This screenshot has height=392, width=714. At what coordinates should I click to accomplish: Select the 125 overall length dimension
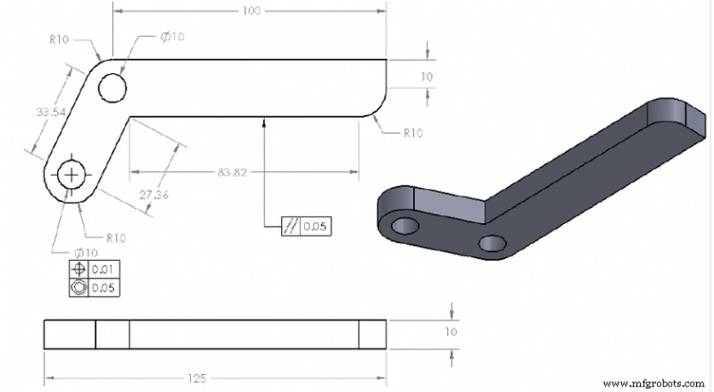198,378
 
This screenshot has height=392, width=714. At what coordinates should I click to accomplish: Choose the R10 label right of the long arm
412,133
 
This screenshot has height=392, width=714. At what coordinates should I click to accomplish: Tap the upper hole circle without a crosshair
113,88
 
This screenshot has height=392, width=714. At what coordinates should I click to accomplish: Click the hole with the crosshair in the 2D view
71,174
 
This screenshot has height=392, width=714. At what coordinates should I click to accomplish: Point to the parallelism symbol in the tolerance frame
292,227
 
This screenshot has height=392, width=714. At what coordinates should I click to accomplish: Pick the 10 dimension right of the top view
428,77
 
